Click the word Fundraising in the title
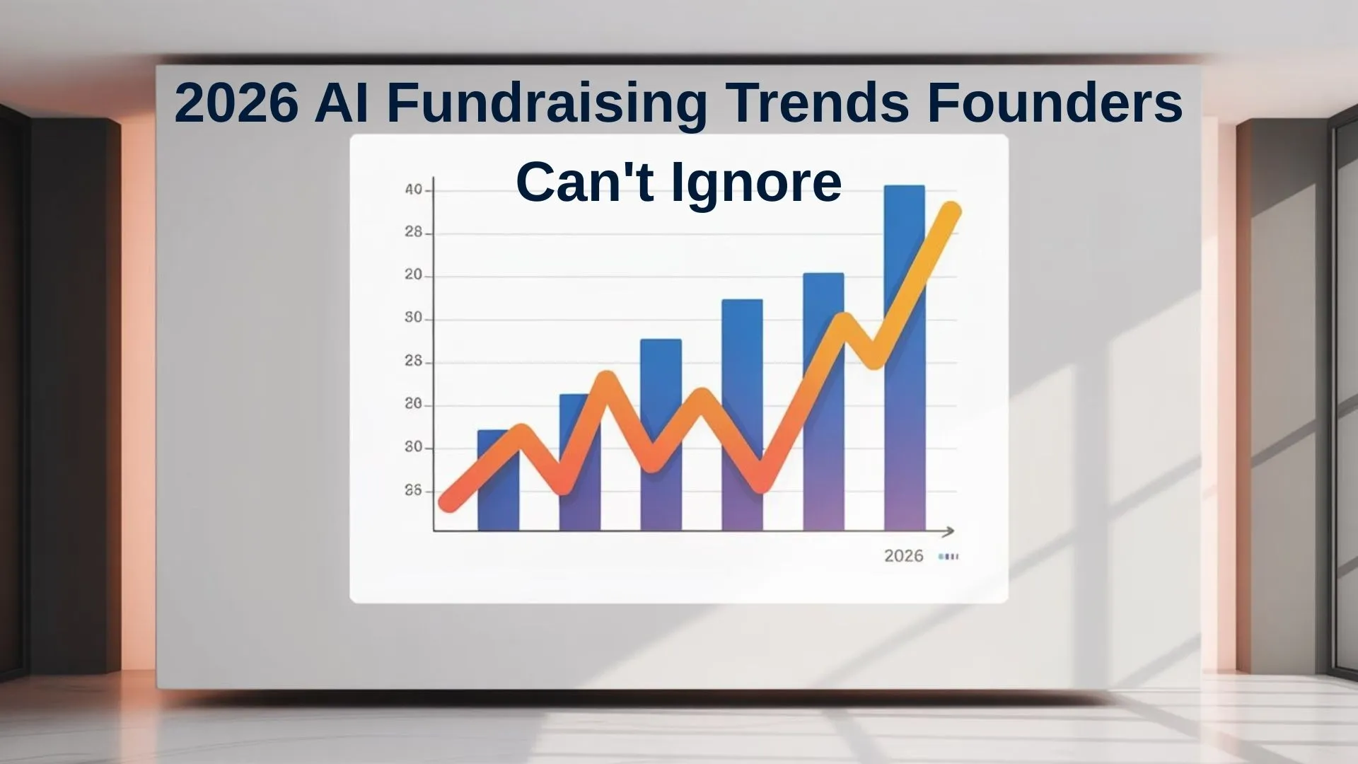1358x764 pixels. click(546, 104)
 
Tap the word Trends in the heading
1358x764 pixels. click(817, 103)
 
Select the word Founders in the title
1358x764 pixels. click(1055, 103)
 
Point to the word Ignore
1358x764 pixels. click(756, 183)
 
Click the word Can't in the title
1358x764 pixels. click(584, 182)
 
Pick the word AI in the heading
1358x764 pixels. click(341, 103)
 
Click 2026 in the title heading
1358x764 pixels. click(236, 103)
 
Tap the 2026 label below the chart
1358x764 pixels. click(904, 556)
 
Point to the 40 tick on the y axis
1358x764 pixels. click(414, 190)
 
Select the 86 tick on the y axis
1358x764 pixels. click(413, 490)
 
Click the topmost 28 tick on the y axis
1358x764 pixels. click(414, 232)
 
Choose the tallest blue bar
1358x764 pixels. click(905, 358)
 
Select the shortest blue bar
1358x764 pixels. click(498, 480)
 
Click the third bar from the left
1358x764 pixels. click(661, 435)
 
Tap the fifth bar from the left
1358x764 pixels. click(823, 402)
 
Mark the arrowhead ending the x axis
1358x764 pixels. click(949, 531)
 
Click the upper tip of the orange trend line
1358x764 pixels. click(951, 211)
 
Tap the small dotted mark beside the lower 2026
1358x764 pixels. click(948, 557)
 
